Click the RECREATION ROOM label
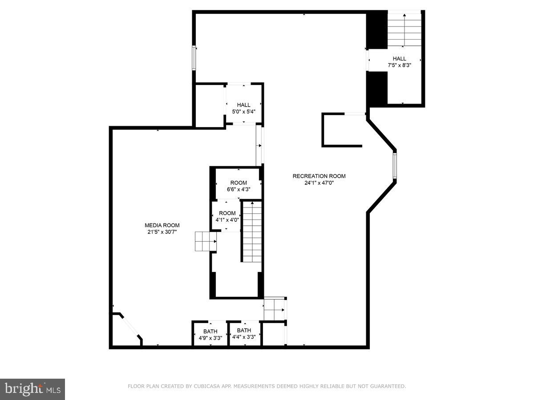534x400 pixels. [319, 176]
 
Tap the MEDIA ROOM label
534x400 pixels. [162, 225]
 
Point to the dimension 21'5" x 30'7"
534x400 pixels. [162, 232]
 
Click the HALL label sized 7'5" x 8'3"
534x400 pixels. [399, 59]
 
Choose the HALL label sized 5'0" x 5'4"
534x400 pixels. [243, 105]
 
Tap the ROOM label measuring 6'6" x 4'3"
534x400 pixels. [239, 183]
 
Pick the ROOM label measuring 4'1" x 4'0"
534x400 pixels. [227, 213]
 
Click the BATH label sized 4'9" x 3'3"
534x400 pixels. [210, 331]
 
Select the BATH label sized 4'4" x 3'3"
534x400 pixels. [244, 330]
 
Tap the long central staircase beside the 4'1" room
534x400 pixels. [252, 232]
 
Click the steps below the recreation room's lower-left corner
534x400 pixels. [274, 308]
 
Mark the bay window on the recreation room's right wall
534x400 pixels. [394, 165]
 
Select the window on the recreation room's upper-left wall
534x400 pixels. [194, 58]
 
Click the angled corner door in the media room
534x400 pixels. [130, 327]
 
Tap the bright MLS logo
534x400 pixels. [32, 389]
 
